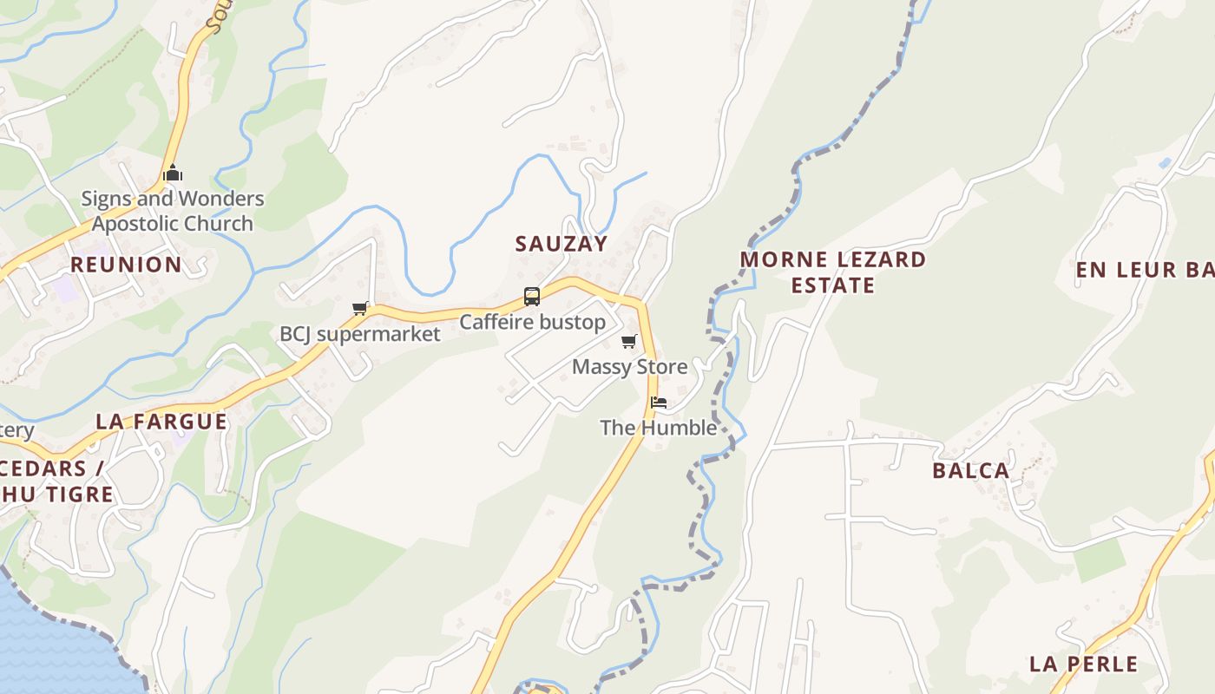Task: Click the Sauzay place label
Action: [x=561, y=244]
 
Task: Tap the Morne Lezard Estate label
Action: [x=833, y=272]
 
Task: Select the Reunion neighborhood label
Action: [x=126, y=265]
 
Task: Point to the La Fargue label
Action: [x=161, y=422]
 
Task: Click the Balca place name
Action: [x=971, y=471]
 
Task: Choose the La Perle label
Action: [x=1083, y=665]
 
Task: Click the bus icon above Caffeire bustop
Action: [x=532, y=297]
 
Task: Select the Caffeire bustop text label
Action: [x=532, y=323]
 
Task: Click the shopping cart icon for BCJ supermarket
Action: [x=360, y=308]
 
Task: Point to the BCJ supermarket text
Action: [x=359, y=334]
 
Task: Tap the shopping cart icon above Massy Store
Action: [x=629, y=341]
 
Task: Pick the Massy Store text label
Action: [x=629, y=367]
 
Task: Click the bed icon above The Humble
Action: [x=659, y=403]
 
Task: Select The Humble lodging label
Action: [x=659, y=428]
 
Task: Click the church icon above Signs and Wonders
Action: [x=173, y=173]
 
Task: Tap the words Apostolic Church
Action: [x=173, y=224]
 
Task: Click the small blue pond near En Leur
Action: [x=1164, y=163]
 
